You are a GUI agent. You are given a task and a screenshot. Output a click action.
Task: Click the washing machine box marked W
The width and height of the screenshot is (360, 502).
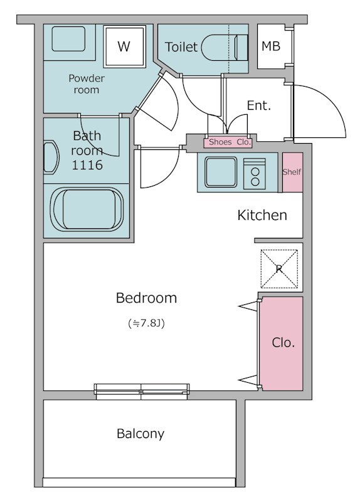point(124,46)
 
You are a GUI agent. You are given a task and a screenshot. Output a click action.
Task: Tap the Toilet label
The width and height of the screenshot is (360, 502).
point(181,47)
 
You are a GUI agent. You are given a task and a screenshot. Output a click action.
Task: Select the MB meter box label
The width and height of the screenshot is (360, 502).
point(271,46)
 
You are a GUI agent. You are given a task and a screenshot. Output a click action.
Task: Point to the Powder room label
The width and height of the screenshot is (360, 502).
point(87,84)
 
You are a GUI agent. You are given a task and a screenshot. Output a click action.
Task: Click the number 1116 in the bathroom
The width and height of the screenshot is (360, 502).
point(87,165)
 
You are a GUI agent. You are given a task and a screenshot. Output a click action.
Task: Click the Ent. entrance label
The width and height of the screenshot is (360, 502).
point(259,105)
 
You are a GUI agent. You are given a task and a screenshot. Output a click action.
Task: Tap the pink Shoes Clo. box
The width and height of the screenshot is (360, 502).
point(228,142)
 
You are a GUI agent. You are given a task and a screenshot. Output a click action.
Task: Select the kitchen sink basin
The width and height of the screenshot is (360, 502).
point(221,172)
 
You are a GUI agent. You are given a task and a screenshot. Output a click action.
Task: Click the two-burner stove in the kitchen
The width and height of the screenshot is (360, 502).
point(255,174)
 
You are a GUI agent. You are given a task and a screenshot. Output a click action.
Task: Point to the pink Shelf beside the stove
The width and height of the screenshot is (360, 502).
point(292,172)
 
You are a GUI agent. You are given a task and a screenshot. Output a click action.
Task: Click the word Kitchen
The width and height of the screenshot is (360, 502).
point(262,215)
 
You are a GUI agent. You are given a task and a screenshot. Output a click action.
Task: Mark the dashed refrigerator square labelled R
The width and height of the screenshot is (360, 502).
point(279,269)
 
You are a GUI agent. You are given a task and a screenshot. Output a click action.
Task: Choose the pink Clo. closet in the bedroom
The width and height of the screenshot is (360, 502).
point(282,343)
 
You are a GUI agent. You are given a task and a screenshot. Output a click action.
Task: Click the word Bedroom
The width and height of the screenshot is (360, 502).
point(146,297)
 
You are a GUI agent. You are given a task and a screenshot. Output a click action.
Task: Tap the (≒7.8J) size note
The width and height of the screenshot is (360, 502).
point(146,323)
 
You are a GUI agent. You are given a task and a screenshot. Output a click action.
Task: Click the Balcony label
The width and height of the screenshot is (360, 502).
point(140,434)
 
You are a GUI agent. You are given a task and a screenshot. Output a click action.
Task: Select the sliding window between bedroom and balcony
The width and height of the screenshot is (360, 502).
point(142,392)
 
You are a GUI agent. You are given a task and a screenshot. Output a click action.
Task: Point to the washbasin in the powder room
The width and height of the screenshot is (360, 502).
point(68,39)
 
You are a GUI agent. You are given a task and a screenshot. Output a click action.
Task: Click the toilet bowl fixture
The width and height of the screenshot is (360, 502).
point(225,48)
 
